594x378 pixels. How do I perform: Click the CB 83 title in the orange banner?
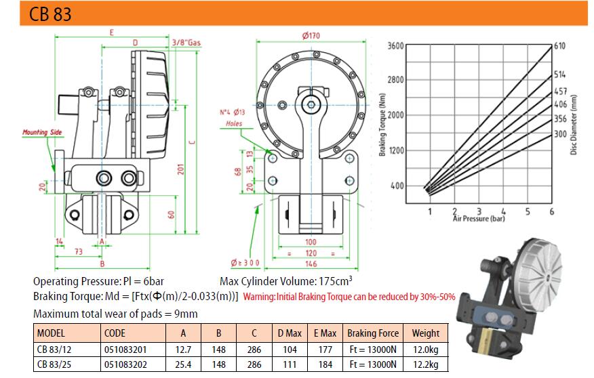[x=50, y=14]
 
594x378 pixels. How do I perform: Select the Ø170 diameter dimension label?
[x=311, y=36]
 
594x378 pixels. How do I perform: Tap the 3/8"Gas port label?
[x=186, y=43]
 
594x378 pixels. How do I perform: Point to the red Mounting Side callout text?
[x=42, y=132]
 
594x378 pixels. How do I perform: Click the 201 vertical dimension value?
[x=180, y=169]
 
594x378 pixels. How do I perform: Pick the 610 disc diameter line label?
[x=559, y=46]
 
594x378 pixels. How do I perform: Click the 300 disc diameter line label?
[x=560, y=134]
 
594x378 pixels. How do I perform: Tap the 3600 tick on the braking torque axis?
[x=395, y=46]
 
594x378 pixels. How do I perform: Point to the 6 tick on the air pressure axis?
[x=551, y=211]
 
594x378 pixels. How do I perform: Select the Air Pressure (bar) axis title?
[x=479, y=218]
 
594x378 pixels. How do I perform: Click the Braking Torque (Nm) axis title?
[x=382, y=125]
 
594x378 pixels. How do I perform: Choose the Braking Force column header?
[x=373, y=333]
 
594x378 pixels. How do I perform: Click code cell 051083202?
[x=125, y=364]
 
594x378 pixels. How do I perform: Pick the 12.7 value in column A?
[x=183, y=350]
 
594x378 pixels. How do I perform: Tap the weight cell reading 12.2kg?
[x=425, y=364]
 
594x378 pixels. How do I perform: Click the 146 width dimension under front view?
[x=311, y=264]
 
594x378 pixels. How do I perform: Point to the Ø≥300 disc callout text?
[x=245, y=263]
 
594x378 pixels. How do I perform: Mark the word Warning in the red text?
[x=259, y=297]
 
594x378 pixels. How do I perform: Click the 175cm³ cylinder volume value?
[x=334, y=281]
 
